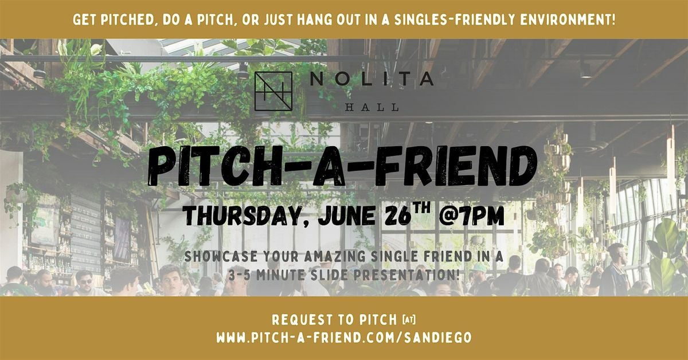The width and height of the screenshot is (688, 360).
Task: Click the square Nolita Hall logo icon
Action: [x=273, y=91]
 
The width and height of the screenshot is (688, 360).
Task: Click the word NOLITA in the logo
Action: [x=372, y=79]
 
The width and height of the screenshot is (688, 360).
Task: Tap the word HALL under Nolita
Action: [x=372, y=107]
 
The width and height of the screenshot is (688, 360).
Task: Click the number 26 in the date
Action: [x=398, y=216]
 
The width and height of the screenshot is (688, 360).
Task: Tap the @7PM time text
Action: [x=471, y=216]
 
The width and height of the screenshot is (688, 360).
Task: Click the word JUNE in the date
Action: [x=347, y=216]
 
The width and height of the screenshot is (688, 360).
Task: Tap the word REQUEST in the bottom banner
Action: [x=303, y=320]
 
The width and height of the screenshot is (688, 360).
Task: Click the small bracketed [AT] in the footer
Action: [x=409, y=320]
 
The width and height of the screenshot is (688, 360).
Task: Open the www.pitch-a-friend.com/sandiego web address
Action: [x=344, y=338]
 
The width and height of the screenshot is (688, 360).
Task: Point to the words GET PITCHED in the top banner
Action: [x=114, y=20]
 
